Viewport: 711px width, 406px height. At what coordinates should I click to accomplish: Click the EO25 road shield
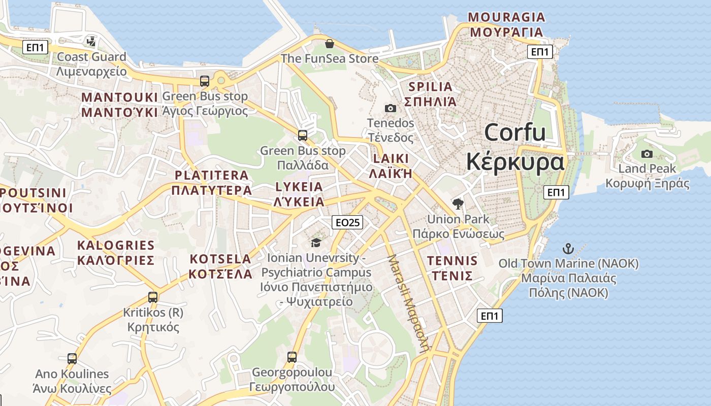(348, 222)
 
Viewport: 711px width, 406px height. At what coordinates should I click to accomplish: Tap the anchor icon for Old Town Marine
(568, 249)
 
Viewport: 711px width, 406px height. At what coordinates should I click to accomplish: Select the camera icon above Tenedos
(390, 108)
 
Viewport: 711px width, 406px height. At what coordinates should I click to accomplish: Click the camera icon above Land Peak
(647, 154)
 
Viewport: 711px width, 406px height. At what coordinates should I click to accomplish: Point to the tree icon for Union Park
(458, 204)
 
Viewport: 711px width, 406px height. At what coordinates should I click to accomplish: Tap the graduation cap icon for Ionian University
(316, 243)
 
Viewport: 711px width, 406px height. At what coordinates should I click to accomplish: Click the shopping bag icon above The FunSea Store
(330, 44)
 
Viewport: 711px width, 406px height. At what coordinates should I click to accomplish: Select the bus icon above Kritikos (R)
(153, 297)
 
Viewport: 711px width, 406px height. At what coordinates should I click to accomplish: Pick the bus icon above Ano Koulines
(72, 359)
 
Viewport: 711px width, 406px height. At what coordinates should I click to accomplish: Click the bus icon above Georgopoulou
(292, 357)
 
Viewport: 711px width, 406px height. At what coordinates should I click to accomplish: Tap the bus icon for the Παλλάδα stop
(303, 136)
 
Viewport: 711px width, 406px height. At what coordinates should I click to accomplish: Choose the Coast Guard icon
(91, 42)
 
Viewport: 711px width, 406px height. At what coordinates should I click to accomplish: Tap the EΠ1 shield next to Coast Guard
(36, 48)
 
